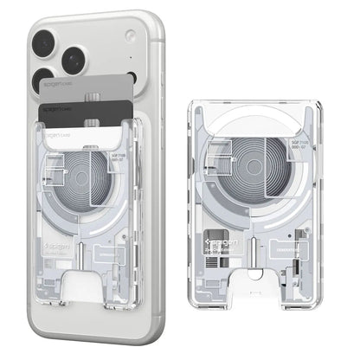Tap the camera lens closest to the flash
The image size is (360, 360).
73,60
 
